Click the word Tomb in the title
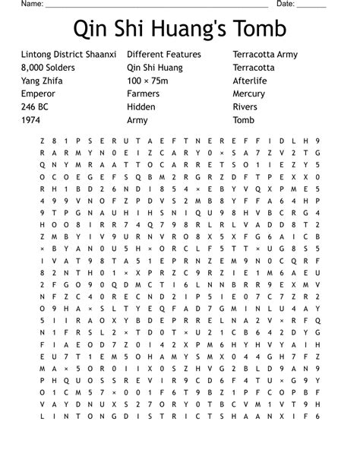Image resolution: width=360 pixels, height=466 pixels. pos(260,30)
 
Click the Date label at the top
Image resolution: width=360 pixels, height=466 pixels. pos(286,4)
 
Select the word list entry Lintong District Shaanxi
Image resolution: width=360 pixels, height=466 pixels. pos(70,55)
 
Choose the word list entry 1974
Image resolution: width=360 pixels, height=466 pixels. pos(31,119)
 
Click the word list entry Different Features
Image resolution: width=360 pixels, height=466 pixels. pos(164,55)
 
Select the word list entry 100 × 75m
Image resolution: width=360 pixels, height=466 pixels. pos(150,81)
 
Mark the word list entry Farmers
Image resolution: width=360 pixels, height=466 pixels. pos(144,94)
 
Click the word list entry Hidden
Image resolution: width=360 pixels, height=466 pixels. pos(141,106)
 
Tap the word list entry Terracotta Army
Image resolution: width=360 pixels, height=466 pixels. pos(265,55)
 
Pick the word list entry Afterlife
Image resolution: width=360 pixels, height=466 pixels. pos(251,81)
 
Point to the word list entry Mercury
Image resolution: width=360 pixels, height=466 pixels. pos(251,94)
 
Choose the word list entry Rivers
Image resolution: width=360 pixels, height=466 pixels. pos(245,106)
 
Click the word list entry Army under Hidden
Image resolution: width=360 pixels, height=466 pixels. pos(137,119)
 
